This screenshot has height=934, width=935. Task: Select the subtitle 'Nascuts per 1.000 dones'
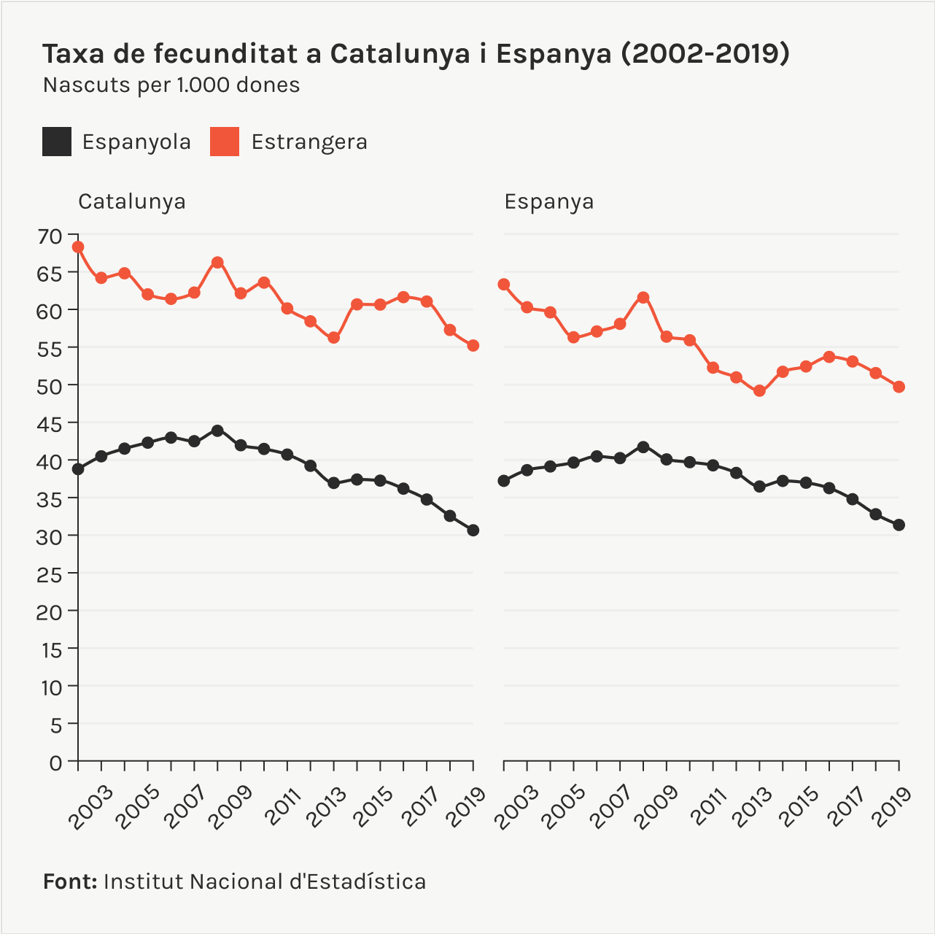coord(171,85)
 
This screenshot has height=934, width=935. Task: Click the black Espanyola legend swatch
coord(57,142)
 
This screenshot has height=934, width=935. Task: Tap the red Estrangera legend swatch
coord(225,142)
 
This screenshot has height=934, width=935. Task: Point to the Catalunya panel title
coord(132,201)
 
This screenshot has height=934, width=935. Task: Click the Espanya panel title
coord(549,201)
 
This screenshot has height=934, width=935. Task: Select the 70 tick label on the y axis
coord(50,236)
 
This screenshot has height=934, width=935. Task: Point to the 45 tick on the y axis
coord(50,423)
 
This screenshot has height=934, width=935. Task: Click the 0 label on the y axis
coord(56,763)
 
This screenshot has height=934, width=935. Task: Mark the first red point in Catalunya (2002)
coord(78,247)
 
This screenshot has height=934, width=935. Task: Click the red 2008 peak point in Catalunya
coord(217,262)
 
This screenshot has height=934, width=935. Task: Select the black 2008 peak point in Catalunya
coord(217,431)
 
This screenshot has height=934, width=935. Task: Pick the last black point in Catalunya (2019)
coord(473,530)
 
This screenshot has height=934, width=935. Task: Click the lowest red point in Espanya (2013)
coord(759,390)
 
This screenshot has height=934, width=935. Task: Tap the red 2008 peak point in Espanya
coord(643,297)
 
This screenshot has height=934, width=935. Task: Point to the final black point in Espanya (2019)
coord(899,525)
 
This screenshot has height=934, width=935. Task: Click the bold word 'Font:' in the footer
coord(70,881)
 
